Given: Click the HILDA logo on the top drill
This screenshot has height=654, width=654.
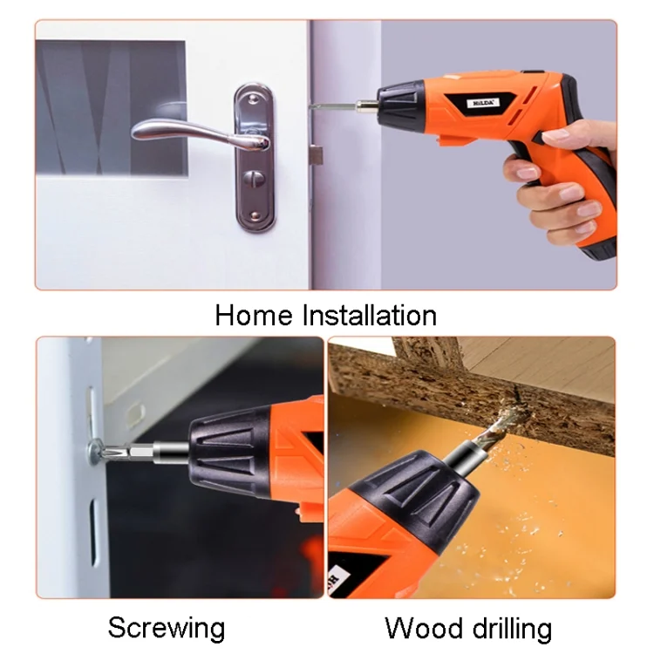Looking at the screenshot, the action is pyautogui.click(x=483, y=103).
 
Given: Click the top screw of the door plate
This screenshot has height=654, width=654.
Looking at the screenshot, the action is pyautogui.click(x=252, y=99).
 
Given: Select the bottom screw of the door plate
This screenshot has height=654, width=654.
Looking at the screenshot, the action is pyautogui.click(x=255, y=215).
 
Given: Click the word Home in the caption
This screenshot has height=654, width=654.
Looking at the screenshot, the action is pyautogui.click(x=254, y=316).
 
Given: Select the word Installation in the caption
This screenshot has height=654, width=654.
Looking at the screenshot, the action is pyautogui.click(x=369, y=316).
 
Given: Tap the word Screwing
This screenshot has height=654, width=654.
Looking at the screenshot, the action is pyautogui.click(x=167, y=627).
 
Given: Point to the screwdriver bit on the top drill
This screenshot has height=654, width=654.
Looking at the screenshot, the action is pyautogui.click(x=337, y=107).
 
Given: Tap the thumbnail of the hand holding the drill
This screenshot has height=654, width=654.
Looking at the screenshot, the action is pyautogui.click(x=557, y=136).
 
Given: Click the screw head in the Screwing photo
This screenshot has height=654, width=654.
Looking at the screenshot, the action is pyautogui.click(x=95, y=451).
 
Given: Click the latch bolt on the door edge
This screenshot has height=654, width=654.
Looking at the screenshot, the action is pyautogui.click(x=317, y=154).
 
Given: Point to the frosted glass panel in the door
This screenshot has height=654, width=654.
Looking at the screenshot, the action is pyautogui.click(x=111, y=107).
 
